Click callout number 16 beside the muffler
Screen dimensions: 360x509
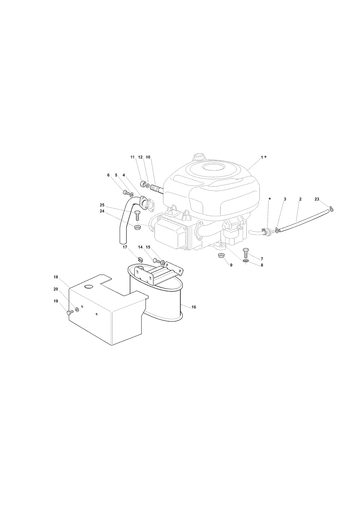coord(194,307)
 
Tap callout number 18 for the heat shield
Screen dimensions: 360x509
coord(56,277)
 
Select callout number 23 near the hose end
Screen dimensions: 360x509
coord(317,199)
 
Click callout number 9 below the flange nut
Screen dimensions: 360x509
coord(231,265)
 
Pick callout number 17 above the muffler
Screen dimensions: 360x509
coord(125,247)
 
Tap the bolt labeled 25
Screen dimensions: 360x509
coord(138,216)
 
